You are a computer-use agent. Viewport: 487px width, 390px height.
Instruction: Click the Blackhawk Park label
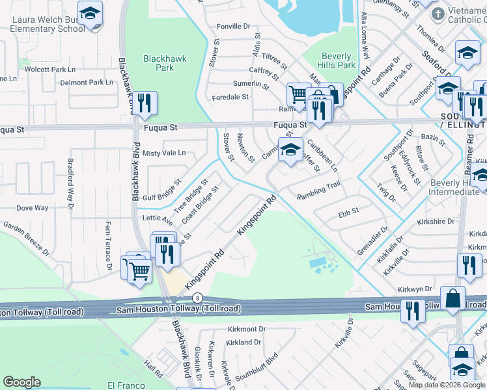(165, 63)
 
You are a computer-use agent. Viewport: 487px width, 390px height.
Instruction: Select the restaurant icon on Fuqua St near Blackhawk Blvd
(145, 103)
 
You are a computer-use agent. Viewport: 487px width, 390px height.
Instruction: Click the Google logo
(22, 382)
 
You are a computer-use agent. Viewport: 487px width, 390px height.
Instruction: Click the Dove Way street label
(33, 208)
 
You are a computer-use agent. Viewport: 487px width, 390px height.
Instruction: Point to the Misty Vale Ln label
(164, 153)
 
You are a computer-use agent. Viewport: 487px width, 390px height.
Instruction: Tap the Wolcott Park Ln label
(50, 69)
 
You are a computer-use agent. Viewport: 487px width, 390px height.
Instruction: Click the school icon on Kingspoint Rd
(290, 149)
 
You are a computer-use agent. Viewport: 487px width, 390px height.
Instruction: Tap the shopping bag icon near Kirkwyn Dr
(452, 298)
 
